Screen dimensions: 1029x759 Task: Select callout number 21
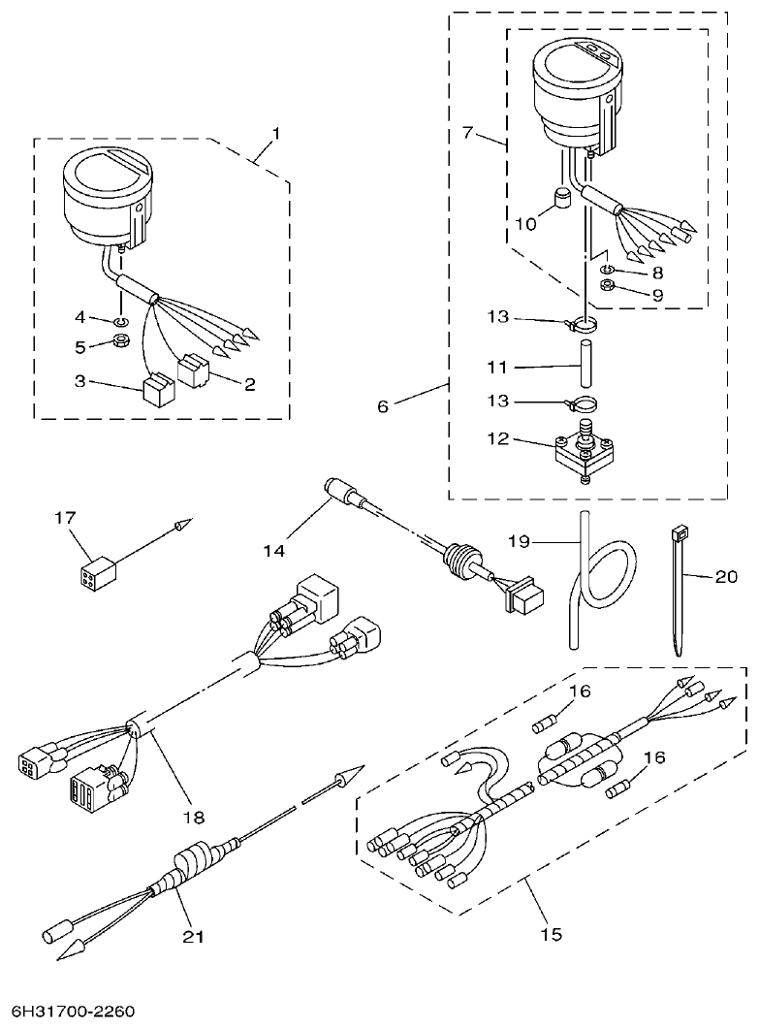pyautogui.click(x=196, y=936)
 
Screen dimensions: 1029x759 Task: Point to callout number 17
pyautogui.click(x=65, y=519)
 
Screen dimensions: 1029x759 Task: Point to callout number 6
pyautogui.click(x=383, y=406)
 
